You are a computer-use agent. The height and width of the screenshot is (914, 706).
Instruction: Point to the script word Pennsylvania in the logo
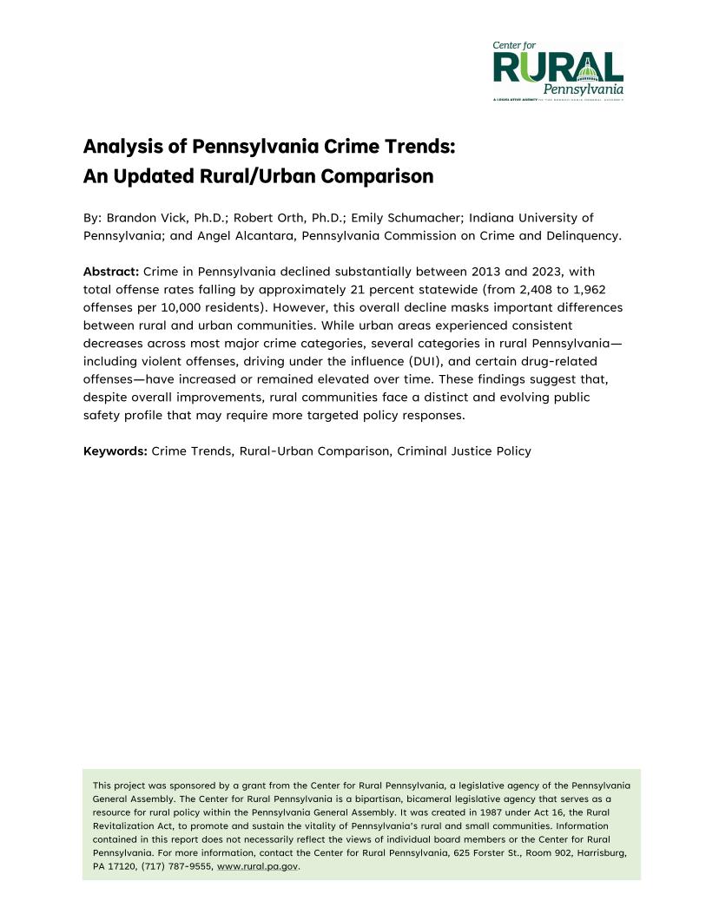pos(583,89)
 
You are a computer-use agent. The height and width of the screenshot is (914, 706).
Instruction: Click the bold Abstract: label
pos(110,272)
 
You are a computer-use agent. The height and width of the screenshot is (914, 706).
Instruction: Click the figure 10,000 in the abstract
pos(173,306)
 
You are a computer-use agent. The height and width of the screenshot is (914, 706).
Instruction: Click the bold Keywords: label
pos(115,450)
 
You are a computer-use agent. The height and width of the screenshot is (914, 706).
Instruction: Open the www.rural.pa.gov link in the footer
pos(257,866)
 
